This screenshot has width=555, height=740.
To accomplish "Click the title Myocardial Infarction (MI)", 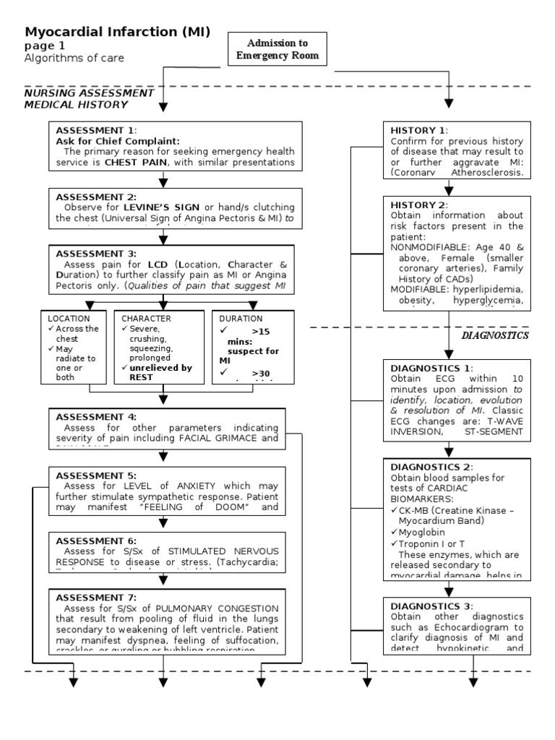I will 118,32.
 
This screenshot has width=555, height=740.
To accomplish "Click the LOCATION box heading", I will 69,318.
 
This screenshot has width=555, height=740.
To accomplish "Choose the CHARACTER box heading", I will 146,318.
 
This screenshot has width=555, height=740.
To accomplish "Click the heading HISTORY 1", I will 418,130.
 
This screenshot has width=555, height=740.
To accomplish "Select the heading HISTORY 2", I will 418,205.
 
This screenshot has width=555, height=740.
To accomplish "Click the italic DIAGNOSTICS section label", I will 495,335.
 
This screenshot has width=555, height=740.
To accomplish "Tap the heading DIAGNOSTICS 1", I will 431,367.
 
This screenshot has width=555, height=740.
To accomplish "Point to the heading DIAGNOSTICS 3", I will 431,606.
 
